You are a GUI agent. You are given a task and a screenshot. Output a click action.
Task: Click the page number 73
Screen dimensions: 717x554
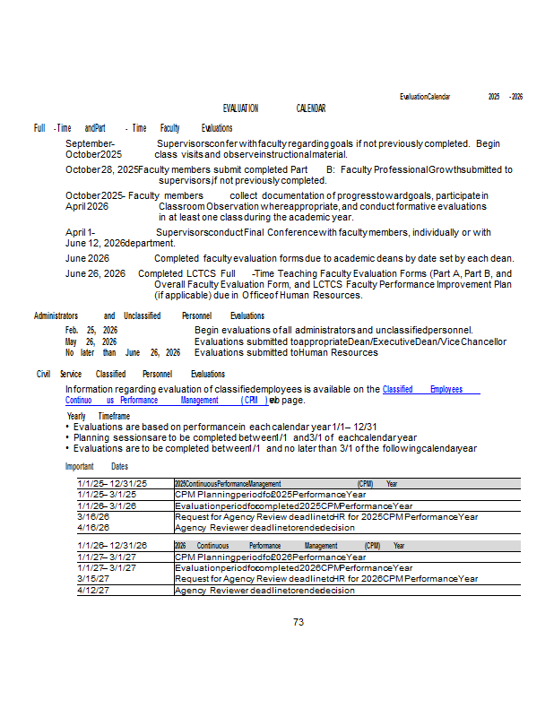[299, 622]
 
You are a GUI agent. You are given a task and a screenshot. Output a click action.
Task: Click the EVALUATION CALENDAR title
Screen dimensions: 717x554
[273, 108]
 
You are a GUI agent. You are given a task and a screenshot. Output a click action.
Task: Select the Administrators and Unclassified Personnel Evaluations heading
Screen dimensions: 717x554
[149, 316]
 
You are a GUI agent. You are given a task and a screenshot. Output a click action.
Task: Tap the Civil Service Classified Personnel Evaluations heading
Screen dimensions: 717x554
[130, 374]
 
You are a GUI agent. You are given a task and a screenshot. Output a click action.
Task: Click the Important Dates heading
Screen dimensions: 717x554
[97, 467]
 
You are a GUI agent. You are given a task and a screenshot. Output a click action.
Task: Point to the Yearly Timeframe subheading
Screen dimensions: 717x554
[99, 417]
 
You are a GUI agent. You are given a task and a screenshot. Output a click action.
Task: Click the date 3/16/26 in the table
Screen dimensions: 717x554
[94, 516]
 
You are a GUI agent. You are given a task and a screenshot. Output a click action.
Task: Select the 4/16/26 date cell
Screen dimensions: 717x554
[94, 527]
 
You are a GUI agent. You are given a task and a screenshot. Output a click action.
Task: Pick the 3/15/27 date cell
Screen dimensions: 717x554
[94, 579]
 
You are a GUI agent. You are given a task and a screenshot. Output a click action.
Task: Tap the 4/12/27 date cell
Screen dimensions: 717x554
[94, 590]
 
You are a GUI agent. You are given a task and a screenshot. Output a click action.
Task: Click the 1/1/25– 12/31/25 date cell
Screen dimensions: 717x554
[112, 484]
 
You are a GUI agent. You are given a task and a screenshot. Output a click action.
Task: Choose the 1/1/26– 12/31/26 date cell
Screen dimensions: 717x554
[112, 545]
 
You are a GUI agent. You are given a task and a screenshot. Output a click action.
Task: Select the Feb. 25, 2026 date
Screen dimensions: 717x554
[91, 331]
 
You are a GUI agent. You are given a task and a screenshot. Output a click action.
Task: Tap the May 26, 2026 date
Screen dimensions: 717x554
[91, 341]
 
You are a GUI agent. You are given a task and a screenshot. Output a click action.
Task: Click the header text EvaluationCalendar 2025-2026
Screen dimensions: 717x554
[461, 97]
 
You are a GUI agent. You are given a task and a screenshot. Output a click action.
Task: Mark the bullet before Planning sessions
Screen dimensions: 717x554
[68, 437]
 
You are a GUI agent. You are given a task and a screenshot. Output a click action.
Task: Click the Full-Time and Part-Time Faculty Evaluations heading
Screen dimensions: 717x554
[133, 129]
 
